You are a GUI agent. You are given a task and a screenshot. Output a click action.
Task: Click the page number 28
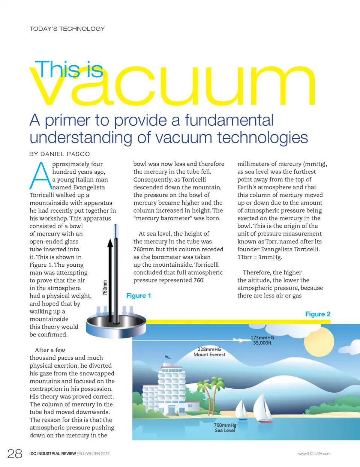(15, 453)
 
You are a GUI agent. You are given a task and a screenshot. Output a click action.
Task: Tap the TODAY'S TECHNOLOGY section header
(67, 29)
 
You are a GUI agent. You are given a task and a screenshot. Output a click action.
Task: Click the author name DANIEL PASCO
(65, 154)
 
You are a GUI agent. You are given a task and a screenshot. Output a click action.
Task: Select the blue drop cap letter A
(40, 176)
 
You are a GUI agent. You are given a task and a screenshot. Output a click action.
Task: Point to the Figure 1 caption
(139, 296)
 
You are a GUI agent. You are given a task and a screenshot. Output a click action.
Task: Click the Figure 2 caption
(318, 314)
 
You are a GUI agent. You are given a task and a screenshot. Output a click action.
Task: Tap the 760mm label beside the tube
(105, 287)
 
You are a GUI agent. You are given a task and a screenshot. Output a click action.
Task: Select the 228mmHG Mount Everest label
(209, 352)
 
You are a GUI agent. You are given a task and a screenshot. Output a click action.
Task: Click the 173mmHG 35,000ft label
(262, 340)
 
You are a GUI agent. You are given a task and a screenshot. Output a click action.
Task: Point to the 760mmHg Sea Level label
(225, 428)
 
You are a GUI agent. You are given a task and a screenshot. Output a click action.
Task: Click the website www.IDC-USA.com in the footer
(314, 453)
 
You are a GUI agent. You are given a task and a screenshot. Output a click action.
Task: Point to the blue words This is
(69, 69)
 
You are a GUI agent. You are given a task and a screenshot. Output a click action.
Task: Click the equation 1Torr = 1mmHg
(259, 257)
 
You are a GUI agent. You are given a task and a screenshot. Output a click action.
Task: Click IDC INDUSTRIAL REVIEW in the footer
(53, 453)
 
